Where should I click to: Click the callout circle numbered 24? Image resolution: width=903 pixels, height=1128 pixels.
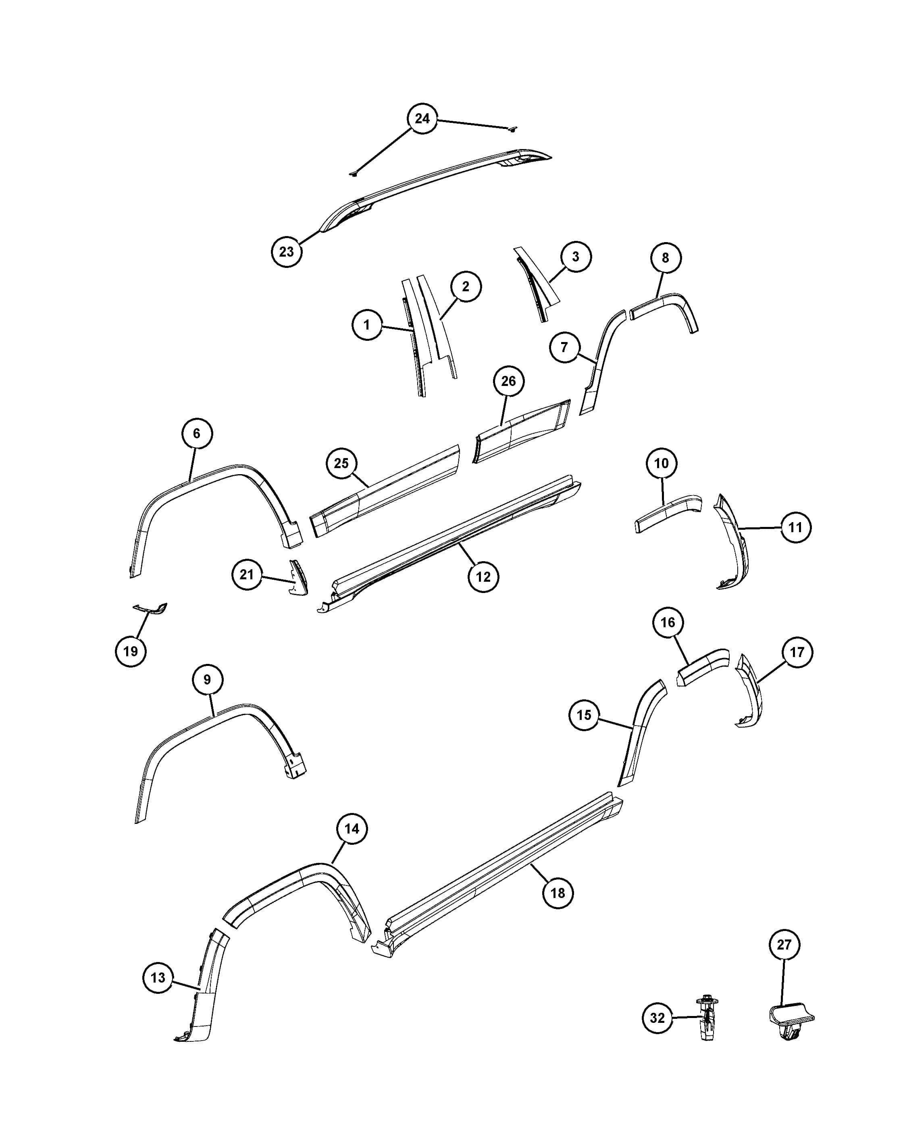pyautogui.click(x=422, y=119)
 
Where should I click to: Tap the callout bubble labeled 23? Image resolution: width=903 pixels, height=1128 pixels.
pyautogui.click(x=286, y=252)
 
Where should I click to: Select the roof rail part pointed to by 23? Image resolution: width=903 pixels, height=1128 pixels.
pyautogui.click(x=436, y=191)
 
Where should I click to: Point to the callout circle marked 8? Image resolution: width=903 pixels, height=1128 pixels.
pyautogui.click(x=665, y=257)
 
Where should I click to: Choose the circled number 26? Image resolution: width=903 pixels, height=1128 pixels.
pyautogui.click(x=508, y=381)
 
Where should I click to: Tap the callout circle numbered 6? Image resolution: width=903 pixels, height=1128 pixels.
pyautogui.click(x=197, y=433)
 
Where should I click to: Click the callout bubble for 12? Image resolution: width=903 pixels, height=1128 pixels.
pyautogui.click(x=483, y=576)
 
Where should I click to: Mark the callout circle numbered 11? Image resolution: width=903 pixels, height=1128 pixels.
pyautogui.click(x=796, y=527)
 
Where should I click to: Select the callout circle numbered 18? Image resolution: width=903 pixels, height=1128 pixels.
pyautogui.click(x=558, y=893)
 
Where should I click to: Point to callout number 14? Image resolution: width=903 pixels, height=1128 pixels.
pyautogui.click(x=352, y=829)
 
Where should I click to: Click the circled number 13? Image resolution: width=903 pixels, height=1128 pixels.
pyautogui.click(x=158, y=977)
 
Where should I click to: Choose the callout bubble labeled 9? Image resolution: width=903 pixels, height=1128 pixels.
pyautogui.click(x=207, y=679)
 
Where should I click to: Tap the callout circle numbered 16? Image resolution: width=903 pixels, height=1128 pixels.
pyautogui.click(x=668, y=622)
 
